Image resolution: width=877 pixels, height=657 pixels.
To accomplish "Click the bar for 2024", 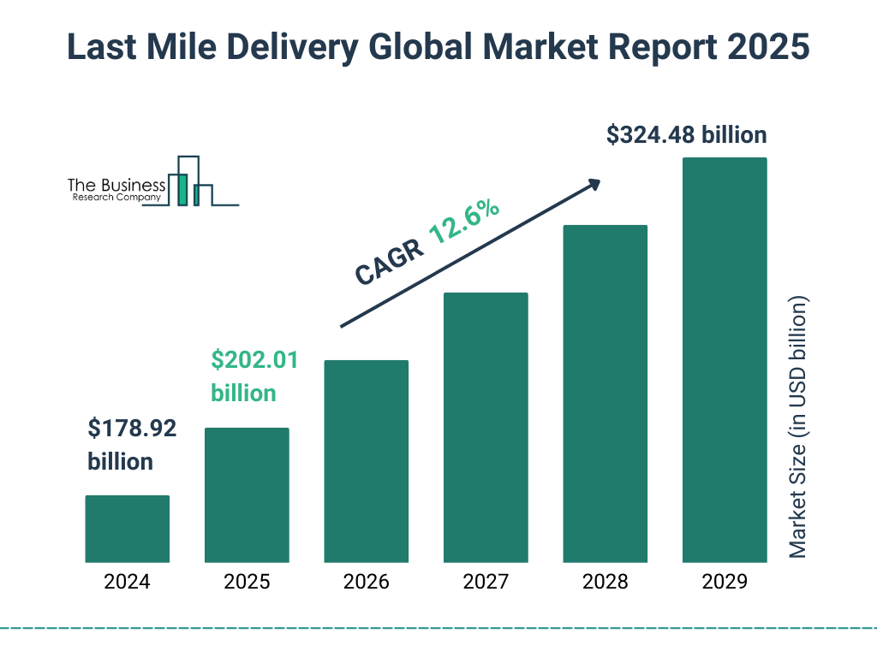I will (127, 529).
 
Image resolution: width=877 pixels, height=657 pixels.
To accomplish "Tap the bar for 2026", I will (366, 461).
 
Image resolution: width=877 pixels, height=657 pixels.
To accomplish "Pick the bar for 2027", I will (486, 428).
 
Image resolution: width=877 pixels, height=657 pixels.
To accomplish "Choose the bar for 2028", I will (605, 394).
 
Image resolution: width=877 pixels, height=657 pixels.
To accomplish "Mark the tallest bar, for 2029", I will (725, 360).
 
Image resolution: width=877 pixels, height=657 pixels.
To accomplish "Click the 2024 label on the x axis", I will (127, 583).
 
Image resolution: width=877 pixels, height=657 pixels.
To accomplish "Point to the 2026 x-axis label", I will (366, 583).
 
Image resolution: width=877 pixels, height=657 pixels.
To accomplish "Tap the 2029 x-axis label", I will (725, 583).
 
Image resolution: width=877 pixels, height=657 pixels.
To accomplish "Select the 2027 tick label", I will (486, 583).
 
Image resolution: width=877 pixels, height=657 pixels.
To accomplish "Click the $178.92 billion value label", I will (132, 445).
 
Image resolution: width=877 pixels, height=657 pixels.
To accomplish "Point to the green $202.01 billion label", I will (254, 376).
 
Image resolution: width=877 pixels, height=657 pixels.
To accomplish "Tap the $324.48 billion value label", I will (686, 135).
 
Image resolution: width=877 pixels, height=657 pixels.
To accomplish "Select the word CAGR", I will (389, 261).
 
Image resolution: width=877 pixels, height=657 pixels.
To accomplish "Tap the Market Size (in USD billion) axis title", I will (798, 428).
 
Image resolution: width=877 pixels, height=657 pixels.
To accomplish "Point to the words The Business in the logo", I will (116, 185).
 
